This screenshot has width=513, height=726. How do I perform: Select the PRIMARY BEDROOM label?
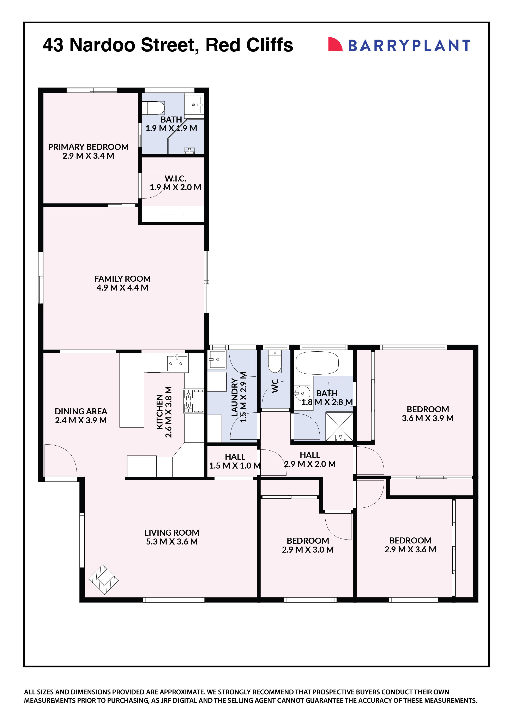coord(88,147)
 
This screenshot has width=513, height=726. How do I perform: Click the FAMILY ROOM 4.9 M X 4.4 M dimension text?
coord(122,287)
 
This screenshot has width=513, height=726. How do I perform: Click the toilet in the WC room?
coord(274,362)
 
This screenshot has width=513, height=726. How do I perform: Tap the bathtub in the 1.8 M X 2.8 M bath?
coord(317,363)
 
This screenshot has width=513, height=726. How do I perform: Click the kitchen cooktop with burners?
coord(188,401)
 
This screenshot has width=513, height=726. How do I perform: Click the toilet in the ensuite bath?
coord(153,108)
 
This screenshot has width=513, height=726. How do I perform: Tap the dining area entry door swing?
coord(60,460)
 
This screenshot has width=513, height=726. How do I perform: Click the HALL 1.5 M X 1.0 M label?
coord(235,461)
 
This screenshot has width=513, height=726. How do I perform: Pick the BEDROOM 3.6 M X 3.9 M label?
coord(427,413)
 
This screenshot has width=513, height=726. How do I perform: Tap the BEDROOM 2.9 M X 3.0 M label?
coord(308,545)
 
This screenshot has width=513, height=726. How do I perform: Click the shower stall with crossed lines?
coord(339,427)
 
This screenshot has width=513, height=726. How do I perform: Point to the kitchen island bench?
coord(132,391)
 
